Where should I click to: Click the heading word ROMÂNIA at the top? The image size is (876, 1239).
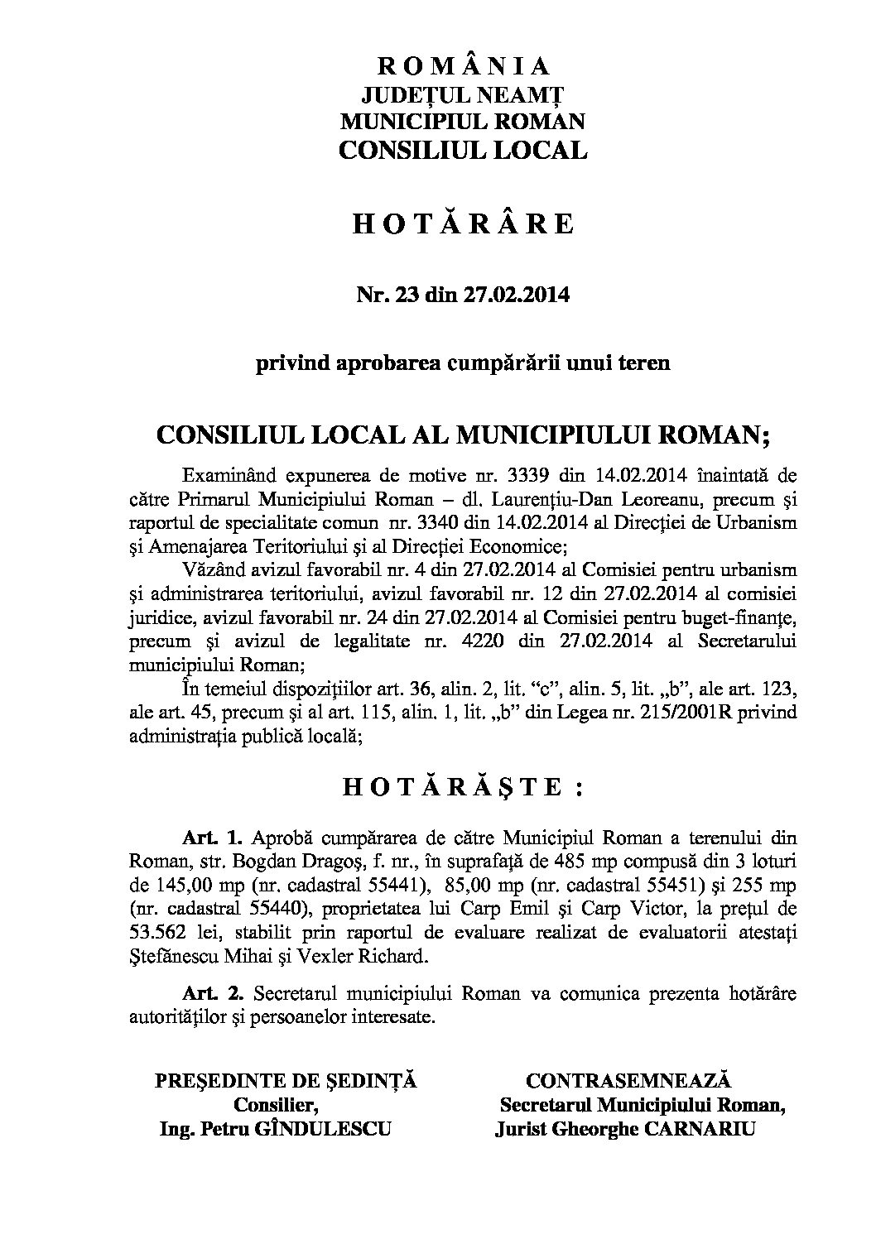(464, 66)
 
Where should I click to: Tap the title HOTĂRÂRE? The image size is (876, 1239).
(464, 225)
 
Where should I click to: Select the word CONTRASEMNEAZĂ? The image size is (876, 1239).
(629, 1081)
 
